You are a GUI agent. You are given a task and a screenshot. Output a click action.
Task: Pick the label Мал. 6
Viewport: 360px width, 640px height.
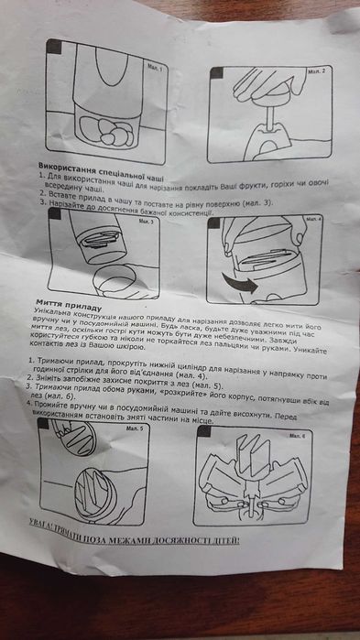coord(309,435)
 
